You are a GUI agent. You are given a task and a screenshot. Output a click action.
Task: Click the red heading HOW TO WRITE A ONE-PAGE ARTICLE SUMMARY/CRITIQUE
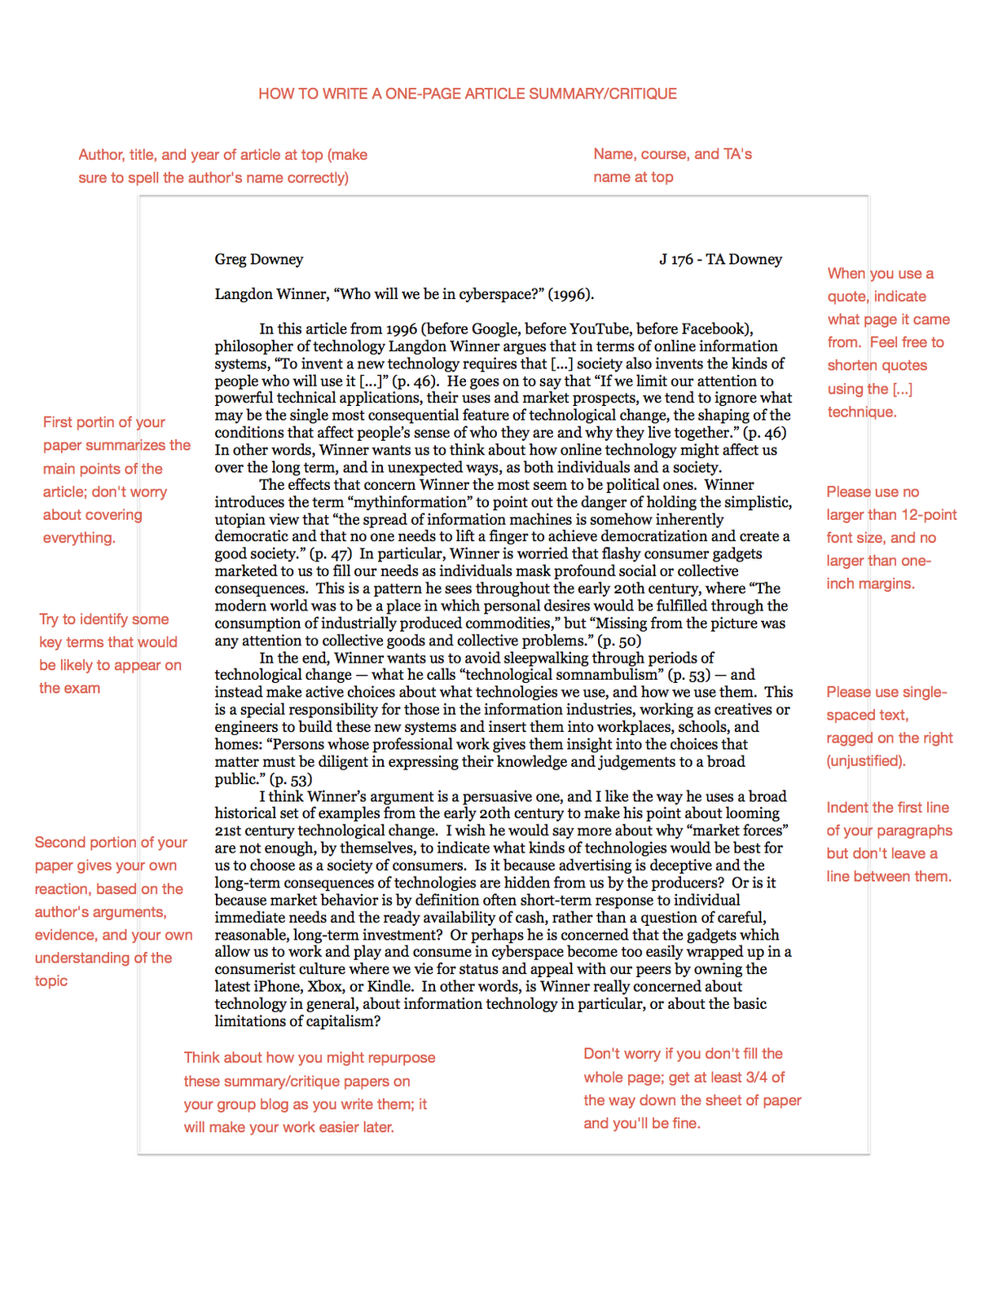click(468, 94)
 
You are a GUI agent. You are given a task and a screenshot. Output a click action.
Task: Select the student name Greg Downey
click(258, 259)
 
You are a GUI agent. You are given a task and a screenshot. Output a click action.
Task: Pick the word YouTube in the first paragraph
click(599, 329)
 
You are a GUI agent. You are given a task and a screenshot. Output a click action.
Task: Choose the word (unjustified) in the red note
click(865, 761)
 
